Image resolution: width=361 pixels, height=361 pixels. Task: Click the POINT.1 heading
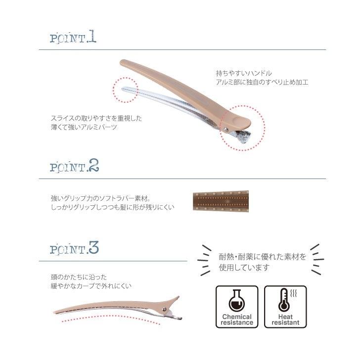[73, 38]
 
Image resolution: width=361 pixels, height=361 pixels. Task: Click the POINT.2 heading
[75, 167]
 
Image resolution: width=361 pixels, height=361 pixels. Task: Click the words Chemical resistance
[237, 319]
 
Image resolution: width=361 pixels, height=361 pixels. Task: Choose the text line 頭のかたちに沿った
[79, 277]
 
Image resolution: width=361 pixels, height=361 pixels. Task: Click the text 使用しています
[244, 268]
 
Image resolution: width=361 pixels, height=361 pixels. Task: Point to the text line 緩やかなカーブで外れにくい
[91, 286]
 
